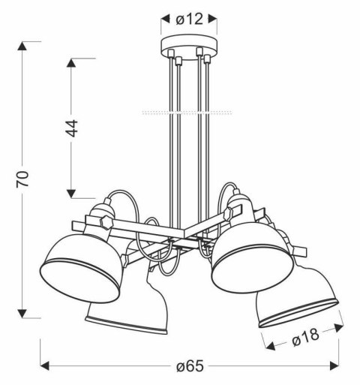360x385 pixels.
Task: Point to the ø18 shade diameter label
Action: tap(307, 340)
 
